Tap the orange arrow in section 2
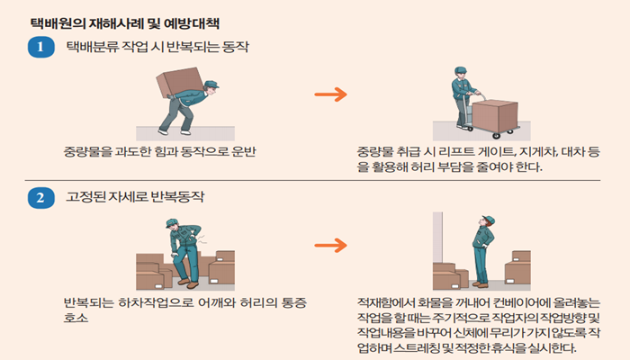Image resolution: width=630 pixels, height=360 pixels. tap(335, 245)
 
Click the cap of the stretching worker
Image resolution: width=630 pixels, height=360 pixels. tap(488, 219)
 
